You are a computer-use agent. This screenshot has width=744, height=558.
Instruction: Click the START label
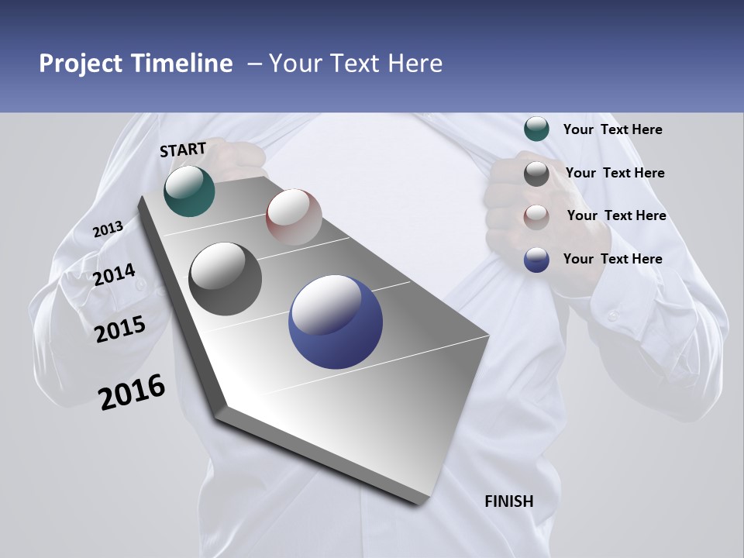[x=183, y=150]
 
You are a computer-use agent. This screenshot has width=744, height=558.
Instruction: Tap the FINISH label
[x=509, y=501]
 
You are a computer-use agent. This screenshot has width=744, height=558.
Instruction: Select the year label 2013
[x=108, y=229]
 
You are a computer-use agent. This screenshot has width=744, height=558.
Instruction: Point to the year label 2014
[x=114, y=275]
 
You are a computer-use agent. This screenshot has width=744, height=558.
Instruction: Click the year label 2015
[x=120, y=329]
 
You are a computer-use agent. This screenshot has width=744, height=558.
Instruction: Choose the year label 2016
[x=132, y=392]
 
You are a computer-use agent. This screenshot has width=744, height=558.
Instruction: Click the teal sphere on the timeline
[x=189, y=191]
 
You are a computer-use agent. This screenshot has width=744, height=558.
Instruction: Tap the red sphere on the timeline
[x=294, y=216]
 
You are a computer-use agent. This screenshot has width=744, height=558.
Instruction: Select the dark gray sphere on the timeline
[x=226, y=279]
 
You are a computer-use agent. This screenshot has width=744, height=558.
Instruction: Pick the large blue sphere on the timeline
[x=336, y=322]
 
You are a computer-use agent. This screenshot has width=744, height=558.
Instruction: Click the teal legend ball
[x=536, y=129]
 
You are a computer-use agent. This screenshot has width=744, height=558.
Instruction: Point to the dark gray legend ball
[x=536, y=174]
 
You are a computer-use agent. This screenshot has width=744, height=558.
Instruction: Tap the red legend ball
[x=536, y=216]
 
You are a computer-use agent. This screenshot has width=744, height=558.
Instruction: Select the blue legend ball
[x=536, y=260]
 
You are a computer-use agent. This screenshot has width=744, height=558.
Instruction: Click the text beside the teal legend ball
[x=612, y=129]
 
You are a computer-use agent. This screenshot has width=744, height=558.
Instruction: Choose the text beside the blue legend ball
[x=612, y=259]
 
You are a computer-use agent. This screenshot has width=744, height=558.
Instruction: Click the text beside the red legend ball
[x=616, y=215]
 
